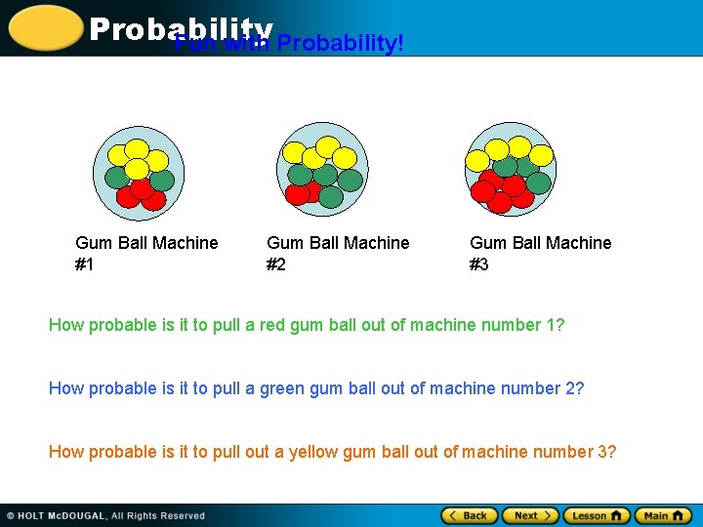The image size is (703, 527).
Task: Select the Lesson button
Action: (596, 515)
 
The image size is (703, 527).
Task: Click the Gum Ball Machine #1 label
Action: (146, 253)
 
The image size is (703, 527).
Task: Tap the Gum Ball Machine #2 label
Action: (338, 253)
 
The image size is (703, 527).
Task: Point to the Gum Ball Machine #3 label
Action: (540, 253)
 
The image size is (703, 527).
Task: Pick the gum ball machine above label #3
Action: (510, 169)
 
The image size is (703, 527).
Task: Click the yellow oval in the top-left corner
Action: (44, 27)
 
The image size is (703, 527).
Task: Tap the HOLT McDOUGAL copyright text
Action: (106, 515)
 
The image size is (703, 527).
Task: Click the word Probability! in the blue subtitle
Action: (340, 45)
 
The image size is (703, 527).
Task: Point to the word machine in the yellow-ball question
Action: (492, 452)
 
